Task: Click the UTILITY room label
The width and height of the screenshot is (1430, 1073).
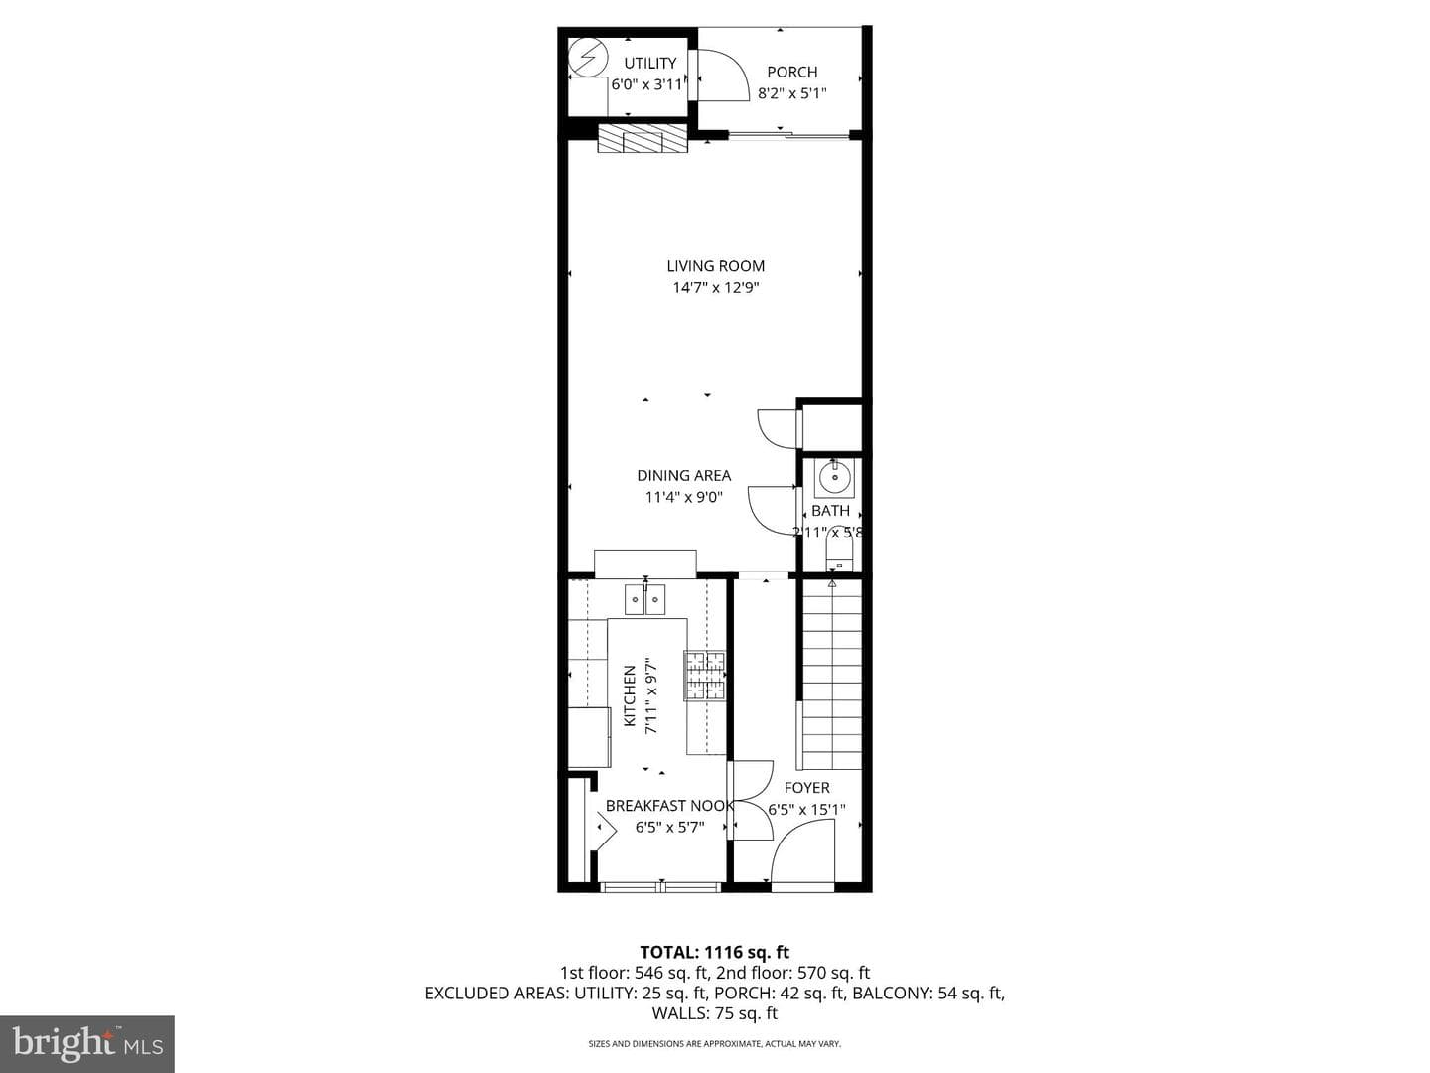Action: pyautogui.click(x=649, y=64)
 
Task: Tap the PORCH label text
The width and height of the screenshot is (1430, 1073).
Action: pyautogui.click(x=791, y=72)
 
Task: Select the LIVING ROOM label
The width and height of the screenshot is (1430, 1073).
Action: pyautogui.click(x=715, y=266)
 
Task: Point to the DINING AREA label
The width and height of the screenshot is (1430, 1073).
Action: pyautogui.click(x=683, y=476)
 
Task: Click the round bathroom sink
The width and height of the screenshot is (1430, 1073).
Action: pyautogui.click(x=834, y=479)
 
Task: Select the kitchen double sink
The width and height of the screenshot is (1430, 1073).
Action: pyautogui.click(x=644, y=599)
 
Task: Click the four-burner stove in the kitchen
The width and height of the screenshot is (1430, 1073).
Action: pyautogui.click(x=704, y=676)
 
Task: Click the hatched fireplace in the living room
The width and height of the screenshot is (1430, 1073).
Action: pyautogui.click(x=643, y=139)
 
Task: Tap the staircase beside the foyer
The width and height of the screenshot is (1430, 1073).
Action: pyautogui.click(x=831, y=675)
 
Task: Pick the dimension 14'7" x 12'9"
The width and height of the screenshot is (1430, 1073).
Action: pyautogui.click(x=715, y=287)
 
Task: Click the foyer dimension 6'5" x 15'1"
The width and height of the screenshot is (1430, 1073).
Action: pyautogui.click(x=806, y=809)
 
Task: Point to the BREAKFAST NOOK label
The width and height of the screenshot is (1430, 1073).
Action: pyautogui.click(x=669, y=806)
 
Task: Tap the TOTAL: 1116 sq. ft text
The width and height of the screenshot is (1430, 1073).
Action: pyautogui.click(x=715, y=952)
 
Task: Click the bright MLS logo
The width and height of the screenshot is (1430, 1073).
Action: pyautogui.click(x=87, y=1043)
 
